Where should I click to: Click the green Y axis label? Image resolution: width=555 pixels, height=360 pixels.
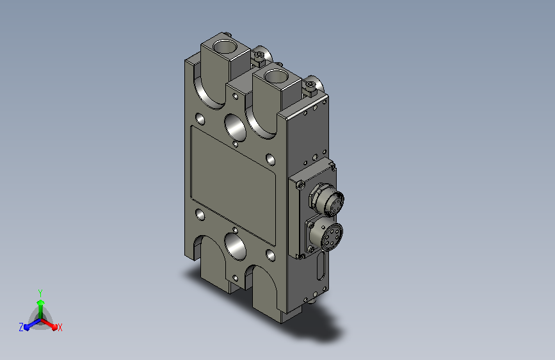(40, 293)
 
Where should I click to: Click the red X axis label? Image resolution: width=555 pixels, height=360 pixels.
(60, 328)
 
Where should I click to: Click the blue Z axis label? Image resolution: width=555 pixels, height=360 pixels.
(21, 327)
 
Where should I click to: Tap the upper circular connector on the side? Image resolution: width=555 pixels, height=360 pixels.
(326, 200)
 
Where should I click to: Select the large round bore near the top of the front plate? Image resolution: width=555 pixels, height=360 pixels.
(236, 127)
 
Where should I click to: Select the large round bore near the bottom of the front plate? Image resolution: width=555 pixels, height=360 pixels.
(236, 247)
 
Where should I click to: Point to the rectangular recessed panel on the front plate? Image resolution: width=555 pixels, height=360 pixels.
(233, 186)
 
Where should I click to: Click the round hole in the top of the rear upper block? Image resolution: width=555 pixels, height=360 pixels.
(225, 46)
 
